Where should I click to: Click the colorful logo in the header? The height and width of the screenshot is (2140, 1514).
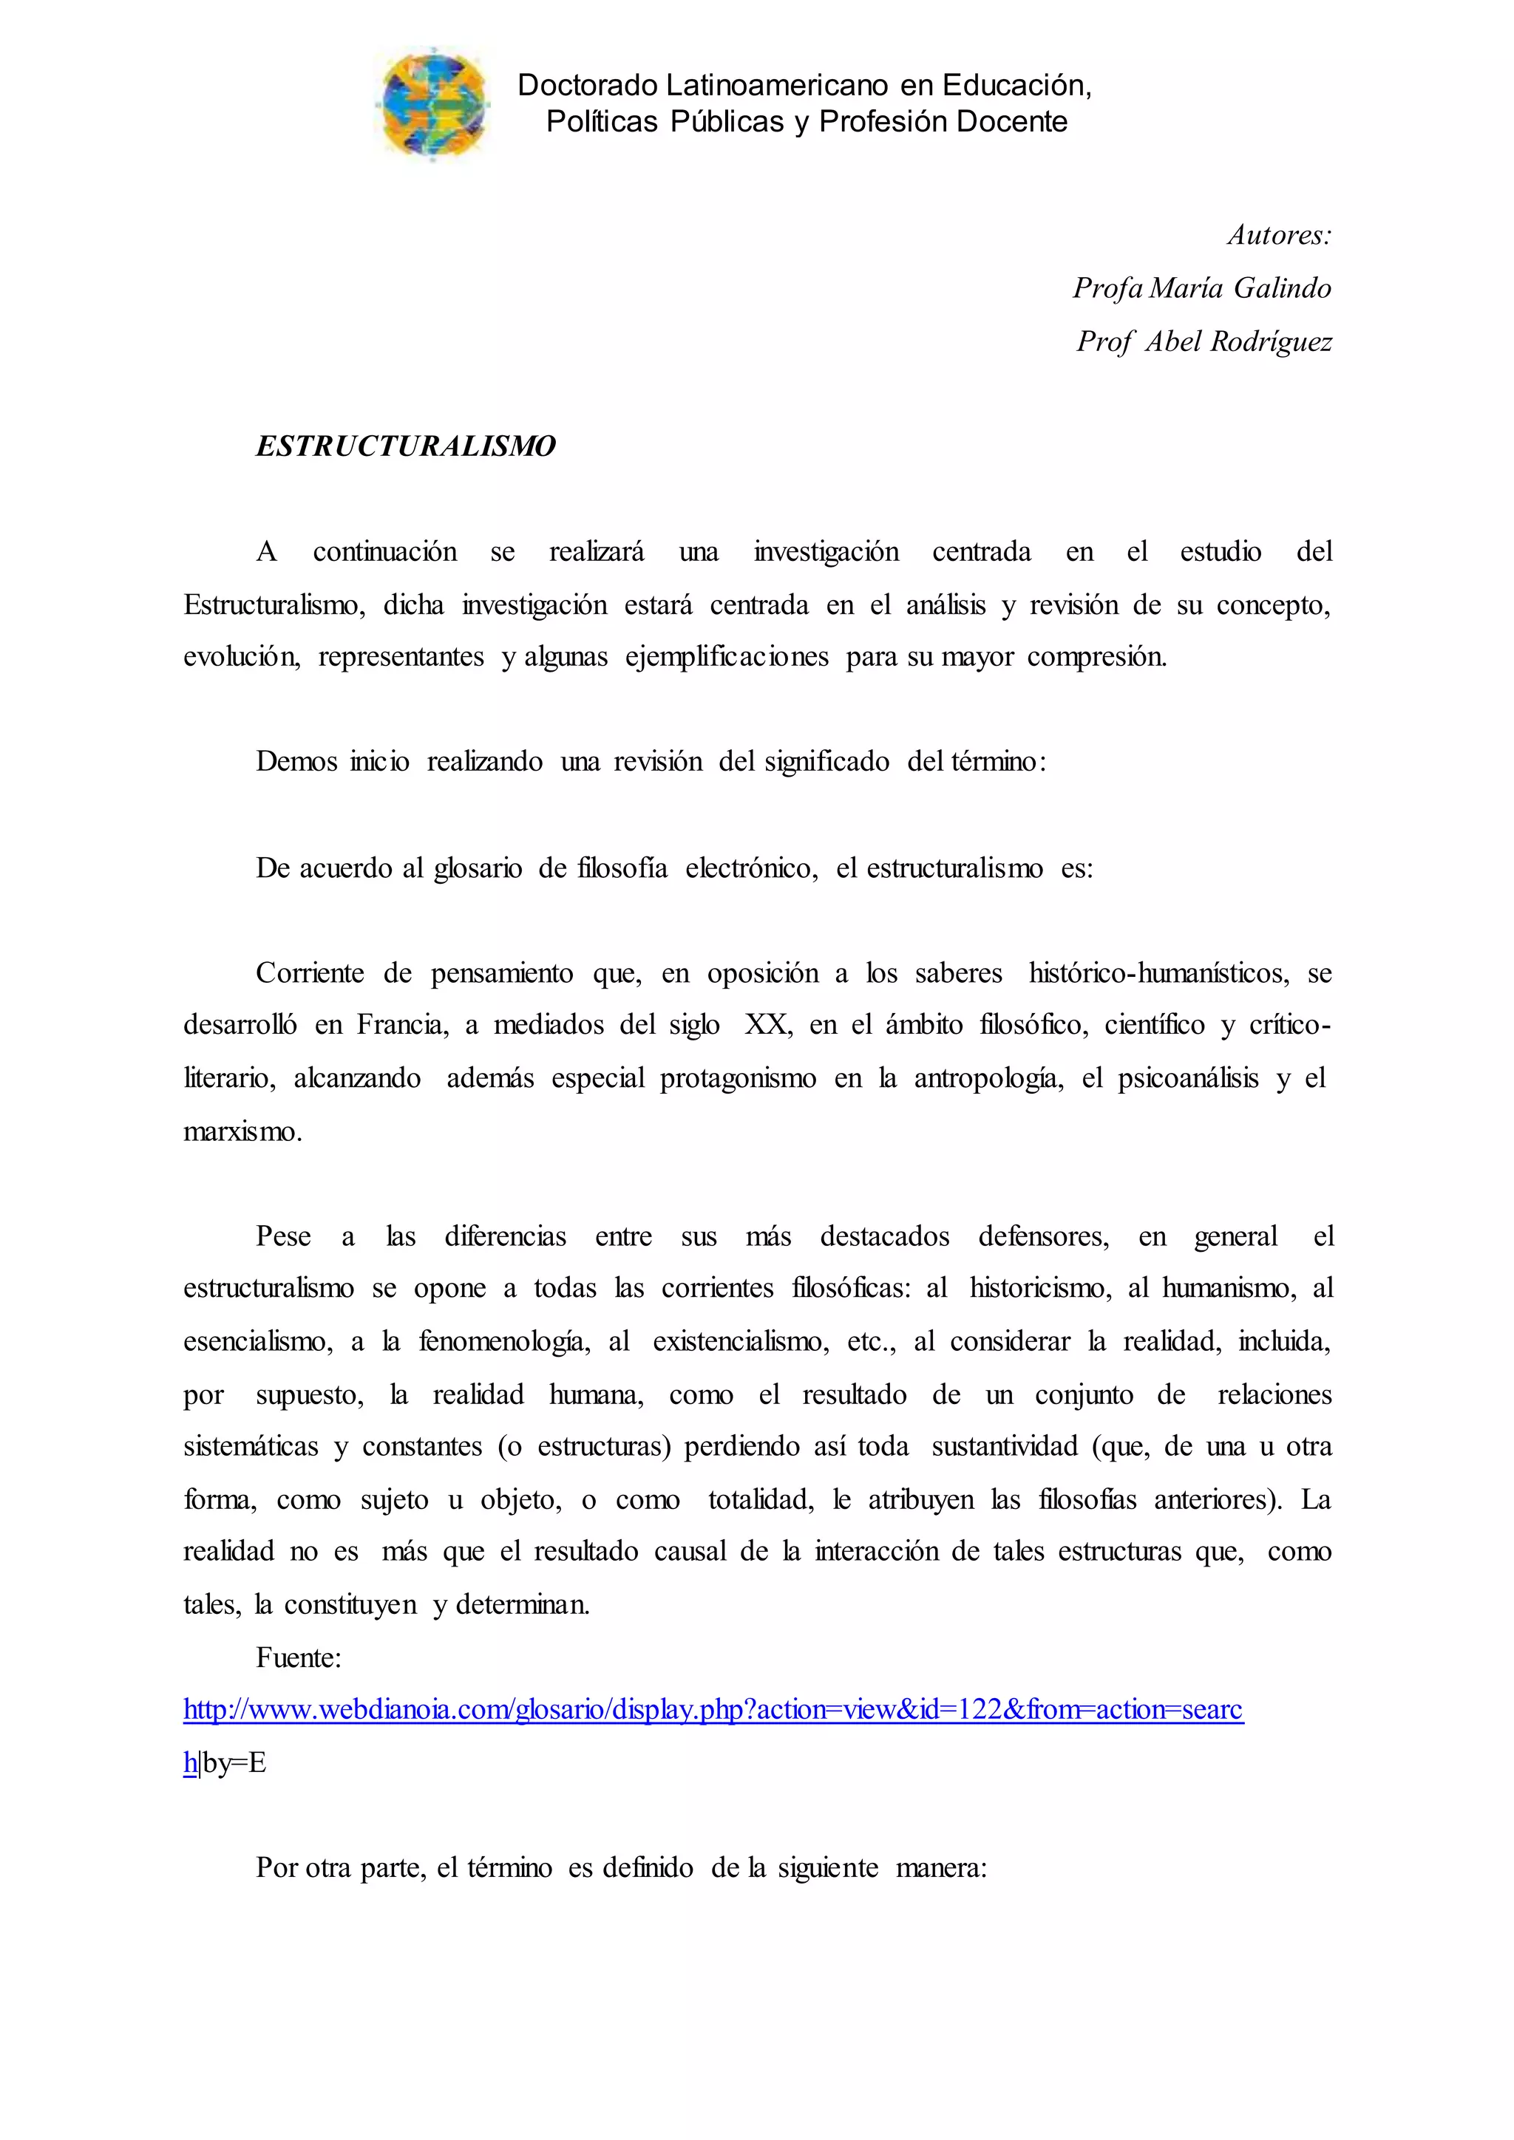[432, 104]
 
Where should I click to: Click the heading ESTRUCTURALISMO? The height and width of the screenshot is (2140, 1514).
[406, 446]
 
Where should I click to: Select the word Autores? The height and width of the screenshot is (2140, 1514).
[1279, 235]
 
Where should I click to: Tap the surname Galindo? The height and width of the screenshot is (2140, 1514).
[1282, 288]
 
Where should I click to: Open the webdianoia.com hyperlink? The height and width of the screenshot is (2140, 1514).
[713, 1709]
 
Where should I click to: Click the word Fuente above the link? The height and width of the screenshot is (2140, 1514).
[299, 1657]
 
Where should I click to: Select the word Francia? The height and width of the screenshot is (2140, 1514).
[402, 1025]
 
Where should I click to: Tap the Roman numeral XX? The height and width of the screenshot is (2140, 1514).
[767, 1025]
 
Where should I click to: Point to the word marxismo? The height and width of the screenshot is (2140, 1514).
[242, 1133]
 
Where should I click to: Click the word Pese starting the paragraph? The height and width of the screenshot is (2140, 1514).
[283, 1237]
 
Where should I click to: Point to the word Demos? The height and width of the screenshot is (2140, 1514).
[296, 762]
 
